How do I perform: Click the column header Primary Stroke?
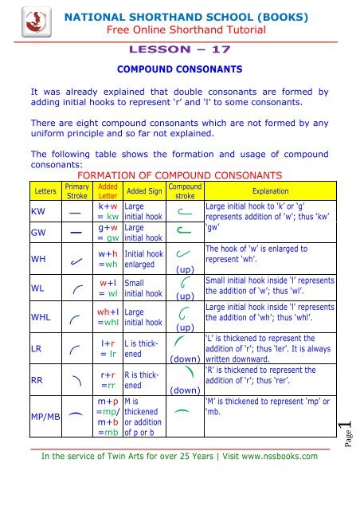point(77,192)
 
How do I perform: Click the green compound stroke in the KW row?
point(186,211)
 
